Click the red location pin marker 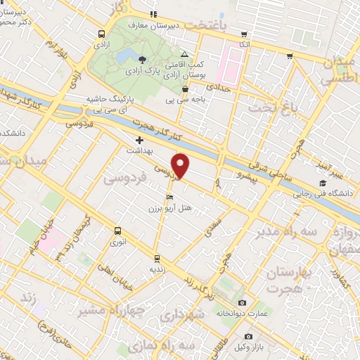click(181, 165)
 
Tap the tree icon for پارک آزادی click(143, 58)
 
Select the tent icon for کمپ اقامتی click(184, 54)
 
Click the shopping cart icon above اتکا click(244, 33)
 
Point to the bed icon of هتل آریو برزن click(169, 197)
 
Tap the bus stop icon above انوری click(117, 230)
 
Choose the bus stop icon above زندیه click(156, 257)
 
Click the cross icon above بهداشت click(139, 140)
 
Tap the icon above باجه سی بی click(185, 89)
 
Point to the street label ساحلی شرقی click(274, 168)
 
